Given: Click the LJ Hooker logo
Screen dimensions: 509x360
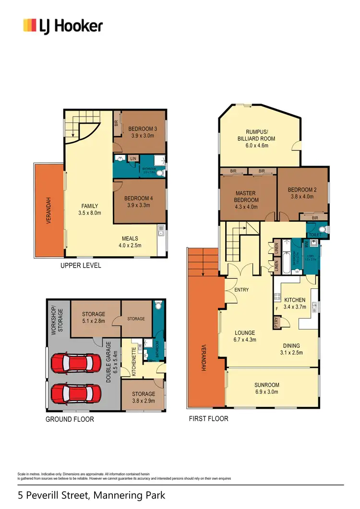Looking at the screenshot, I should point(63,25).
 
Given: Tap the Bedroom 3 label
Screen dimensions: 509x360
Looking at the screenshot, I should point(143,129).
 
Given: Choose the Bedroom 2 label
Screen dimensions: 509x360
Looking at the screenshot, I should point(302,190).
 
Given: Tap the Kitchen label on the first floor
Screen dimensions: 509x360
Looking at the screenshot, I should point(295,300).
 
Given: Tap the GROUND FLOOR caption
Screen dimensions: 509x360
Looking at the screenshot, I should point(70,419).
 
